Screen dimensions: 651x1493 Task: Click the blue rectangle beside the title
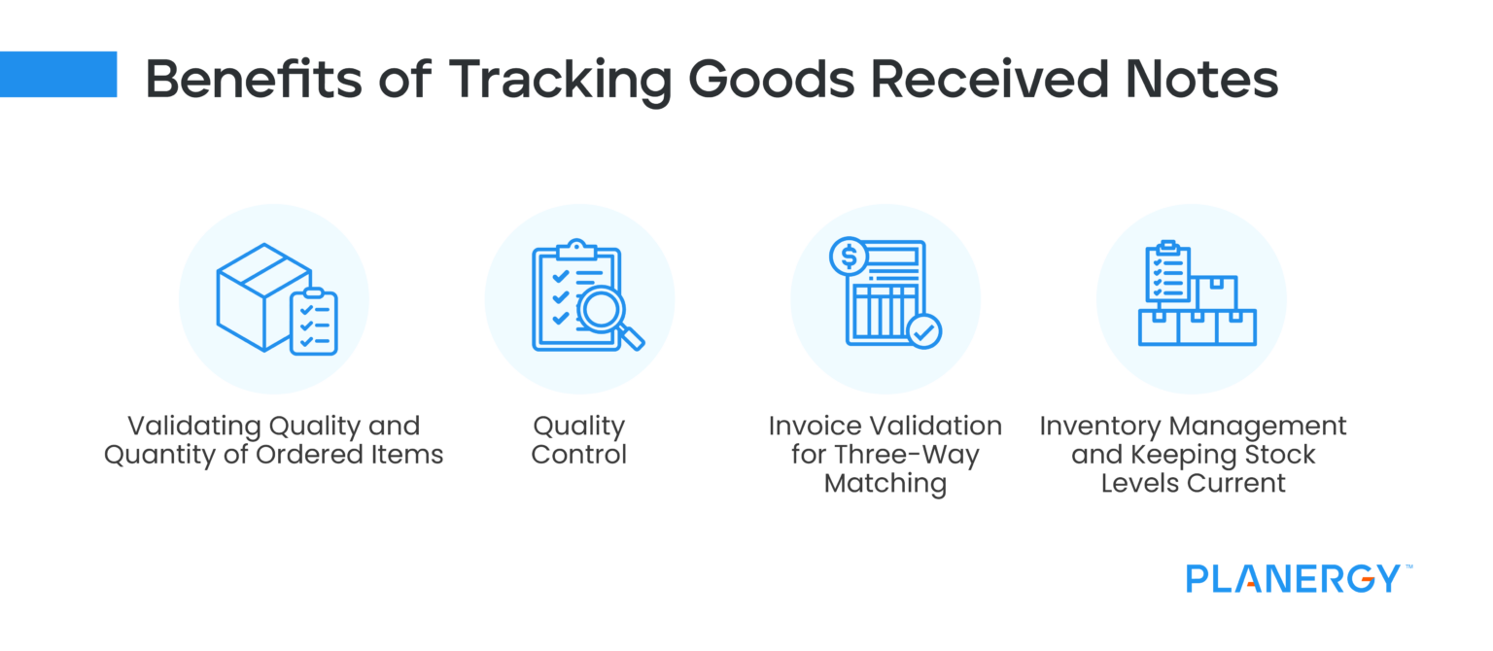(58, 75)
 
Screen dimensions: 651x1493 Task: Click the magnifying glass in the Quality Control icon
(607, 316)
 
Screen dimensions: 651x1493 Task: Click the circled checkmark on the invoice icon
(923, 330)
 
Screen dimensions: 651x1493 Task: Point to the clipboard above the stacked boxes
(1167, 272)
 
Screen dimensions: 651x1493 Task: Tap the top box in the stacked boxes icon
(1216, 291)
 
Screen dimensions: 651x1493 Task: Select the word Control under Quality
(579, 455)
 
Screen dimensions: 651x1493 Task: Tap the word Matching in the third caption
(885, 483)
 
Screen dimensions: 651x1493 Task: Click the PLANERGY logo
(1293, 578)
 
